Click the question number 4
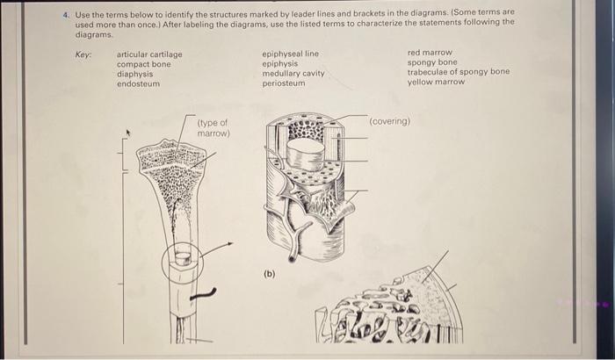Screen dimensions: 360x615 [x=67, y=12]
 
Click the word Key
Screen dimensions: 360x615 [x=83, y=54]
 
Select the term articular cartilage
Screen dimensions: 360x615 [x=149, y=54]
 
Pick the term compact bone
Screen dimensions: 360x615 [x=143, y=64]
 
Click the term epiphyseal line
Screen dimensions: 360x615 [x=290, y=54]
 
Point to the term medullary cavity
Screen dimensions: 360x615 [x=293, y=74]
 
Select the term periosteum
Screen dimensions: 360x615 [x=283, y=83]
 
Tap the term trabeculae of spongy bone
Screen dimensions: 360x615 [x=458, y=72]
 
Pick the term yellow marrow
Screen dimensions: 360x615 [x=436, y=82]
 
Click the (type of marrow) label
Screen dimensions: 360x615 [x=213, y=128]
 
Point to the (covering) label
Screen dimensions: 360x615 [x=389, y=121]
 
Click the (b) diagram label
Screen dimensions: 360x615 [x=269, y=273]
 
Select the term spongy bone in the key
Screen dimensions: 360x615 [x=431, y=62]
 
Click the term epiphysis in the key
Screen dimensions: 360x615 [x=279, y=64]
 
